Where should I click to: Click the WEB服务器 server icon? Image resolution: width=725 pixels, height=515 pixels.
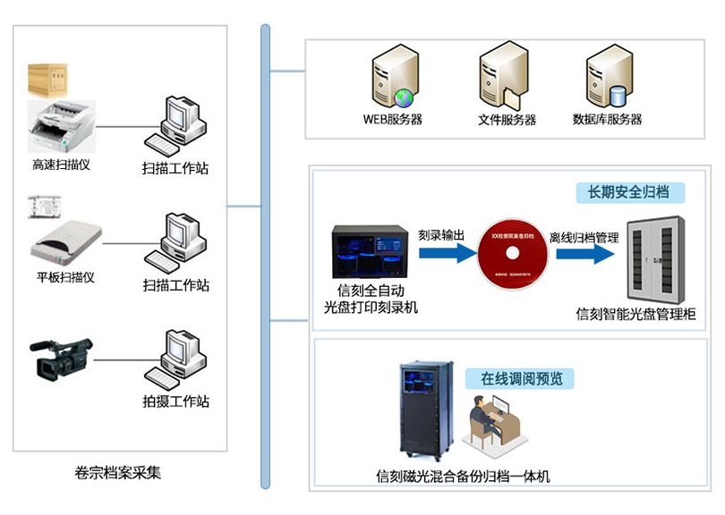click(x=393, y=80)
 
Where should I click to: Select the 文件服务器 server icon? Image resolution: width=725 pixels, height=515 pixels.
click(x=501, y=80)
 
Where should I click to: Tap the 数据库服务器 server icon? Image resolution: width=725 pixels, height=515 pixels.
click(x=607, y=80)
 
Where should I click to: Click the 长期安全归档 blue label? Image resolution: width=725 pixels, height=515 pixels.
click(x=630, y=192)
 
